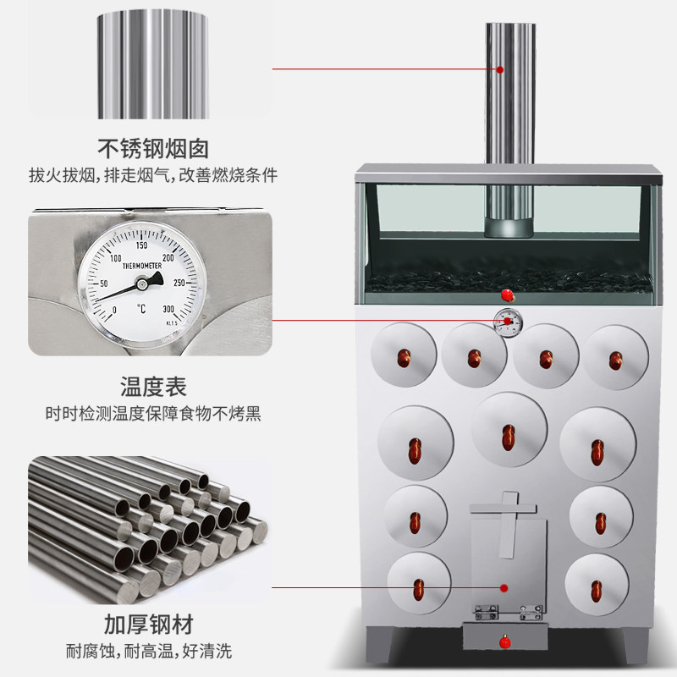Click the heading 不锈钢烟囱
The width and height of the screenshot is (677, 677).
click(152, 150)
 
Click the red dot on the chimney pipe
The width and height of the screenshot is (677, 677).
click(499, 69)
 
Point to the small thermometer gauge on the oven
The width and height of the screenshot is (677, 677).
click(508, 321)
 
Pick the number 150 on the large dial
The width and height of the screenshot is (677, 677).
click(142, 245)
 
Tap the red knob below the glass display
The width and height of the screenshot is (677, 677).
click(508, 294)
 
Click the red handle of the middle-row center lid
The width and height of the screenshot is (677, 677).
click(508, 437)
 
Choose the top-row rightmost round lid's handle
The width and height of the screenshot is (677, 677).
click(615, 358)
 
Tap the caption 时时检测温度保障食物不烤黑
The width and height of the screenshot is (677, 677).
click(152, 415)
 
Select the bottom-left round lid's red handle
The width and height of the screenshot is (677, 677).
click(417, 586)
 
